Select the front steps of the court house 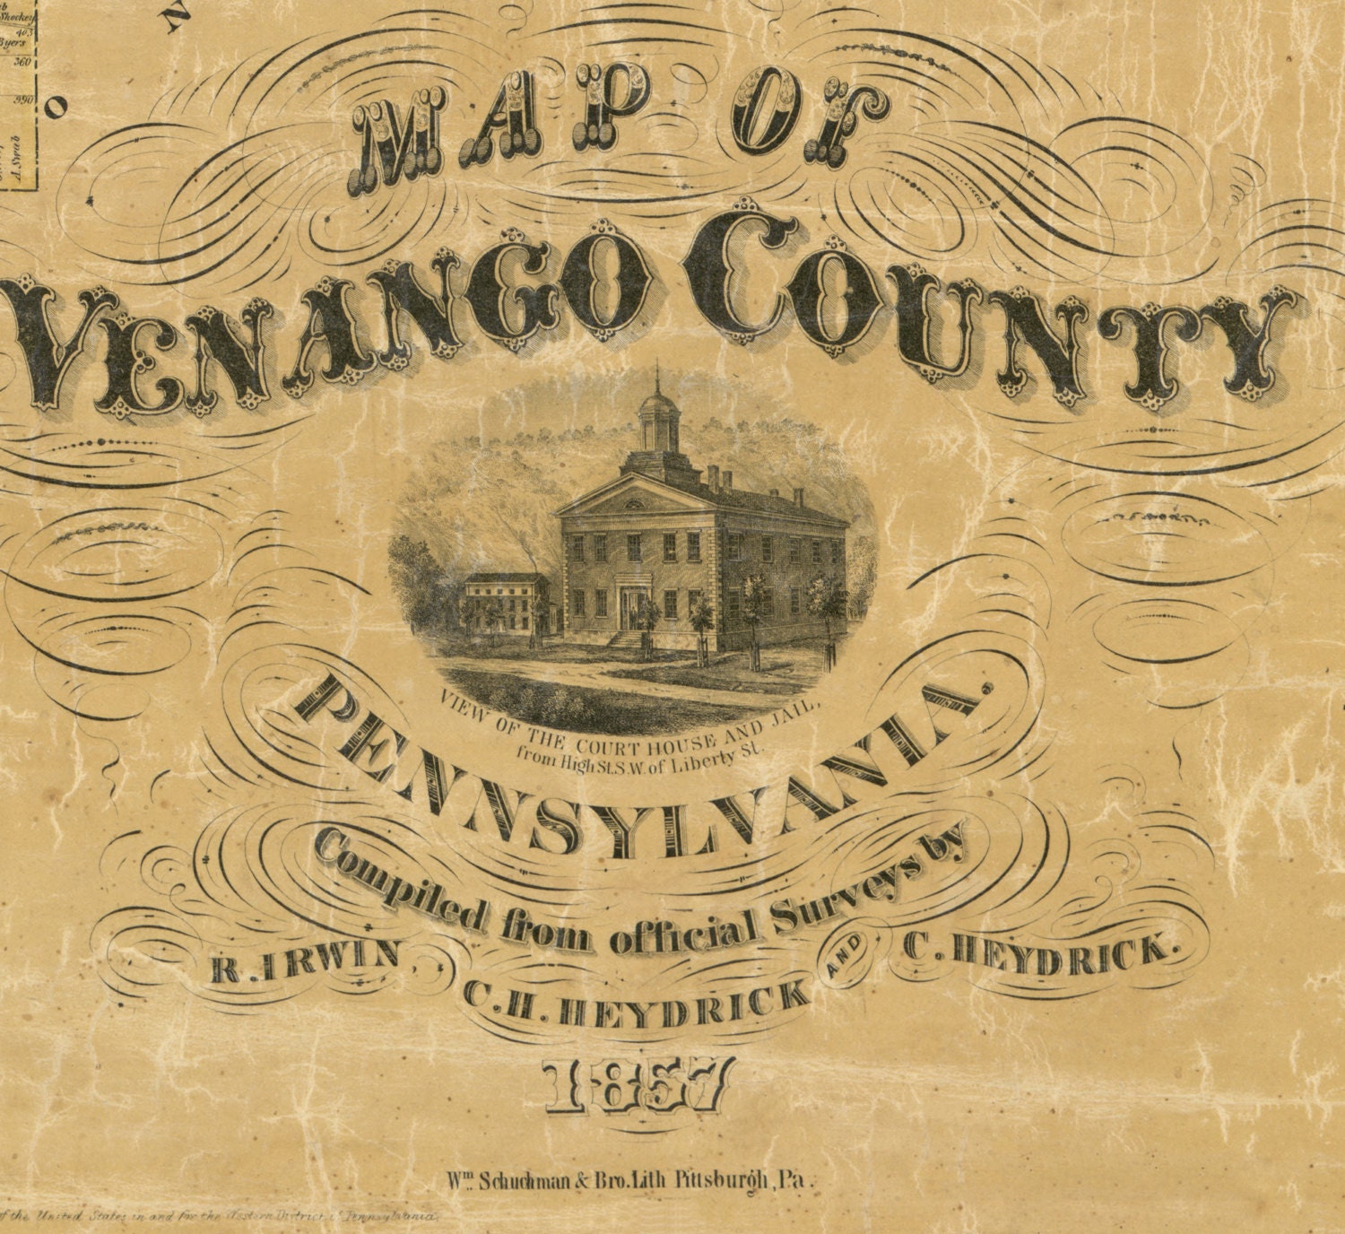(629, 639)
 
